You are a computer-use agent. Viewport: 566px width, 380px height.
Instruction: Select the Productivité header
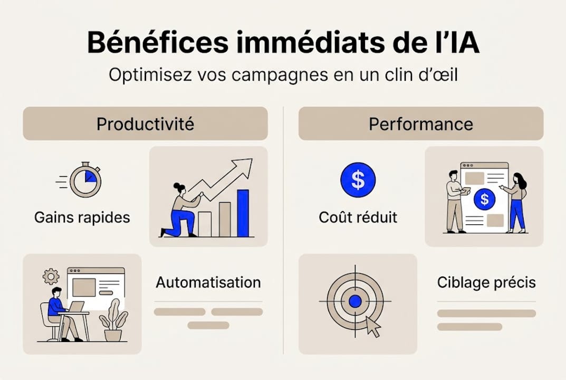(x=145, y=124)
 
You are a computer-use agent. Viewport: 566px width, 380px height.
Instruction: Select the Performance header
(x=420, y=124)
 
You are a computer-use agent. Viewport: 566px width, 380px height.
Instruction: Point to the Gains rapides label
(x=82, y=217)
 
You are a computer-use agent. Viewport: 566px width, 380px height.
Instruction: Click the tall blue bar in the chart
(x=243, y=213)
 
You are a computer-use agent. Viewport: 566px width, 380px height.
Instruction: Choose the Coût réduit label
(x=358, y=217)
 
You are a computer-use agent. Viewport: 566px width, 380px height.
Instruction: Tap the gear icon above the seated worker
(x=51, y=276)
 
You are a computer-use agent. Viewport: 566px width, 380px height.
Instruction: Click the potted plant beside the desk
(x=113, y=320)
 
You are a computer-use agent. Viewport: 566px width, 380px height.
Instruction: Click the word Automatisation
(x=208, y=282)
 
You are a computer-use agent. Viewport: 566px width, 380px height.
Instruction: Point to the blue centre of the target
(x=355, y=301)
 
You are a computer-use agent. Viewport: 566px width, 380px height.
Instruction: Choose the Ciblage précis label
(x=486, y=282)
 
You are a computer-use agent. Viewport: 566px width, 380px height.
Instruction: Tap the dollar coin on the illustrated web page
(x=484, y=199)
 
